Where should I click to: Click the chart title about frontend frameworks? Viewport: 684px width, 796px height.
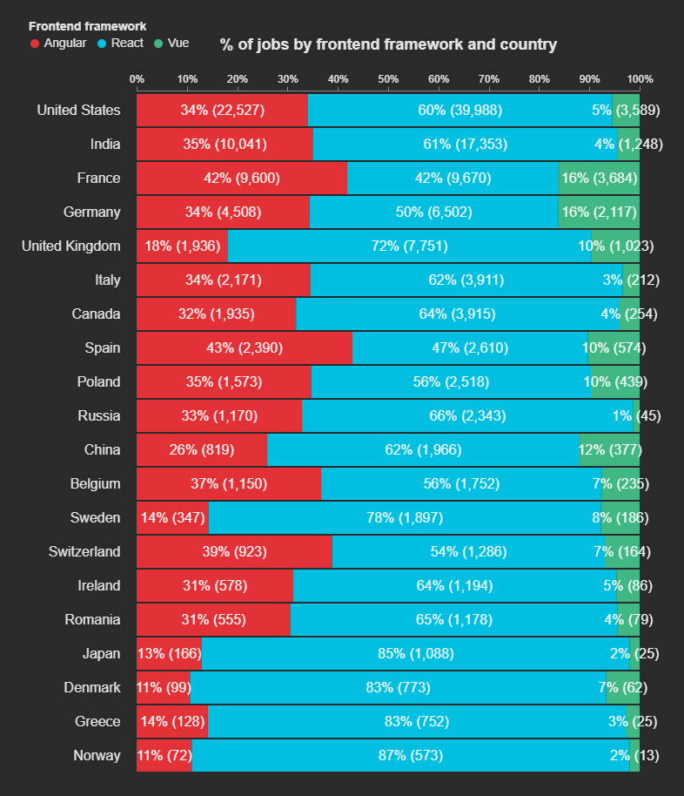388,44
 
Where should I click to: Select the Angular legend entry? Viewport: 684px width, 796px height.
58,44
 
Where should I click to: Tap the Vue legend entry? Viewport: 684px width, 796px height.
171,44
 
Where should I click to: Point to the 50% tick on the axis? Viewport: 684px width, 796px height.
388,79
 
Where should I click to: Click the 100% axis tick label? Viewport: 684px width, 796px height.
640,79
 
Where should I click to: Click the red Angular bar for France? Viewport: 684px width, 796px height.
241,179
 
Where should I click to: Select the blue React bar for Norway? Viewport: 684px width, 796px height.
410,755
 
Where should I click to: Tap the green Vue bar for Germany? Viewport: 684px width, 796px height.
599,212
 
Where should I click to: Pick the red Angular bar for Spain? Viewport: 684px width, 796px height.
244,348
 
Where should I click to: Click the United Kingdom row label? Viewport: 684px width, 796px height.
71,246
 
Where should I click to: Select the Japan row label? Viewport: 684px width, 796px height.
101,654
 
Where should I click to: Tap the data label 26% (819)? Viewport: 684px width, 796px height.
201,450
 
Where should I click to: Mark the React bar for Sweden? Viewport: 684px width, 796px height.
405,518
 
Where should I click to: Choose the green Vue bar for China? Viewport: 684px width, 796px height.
609,450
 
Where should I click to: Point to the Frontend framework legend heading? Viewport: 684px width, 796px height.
88,27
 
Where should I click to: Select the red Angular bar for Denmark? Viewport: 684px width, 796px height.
163,688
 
